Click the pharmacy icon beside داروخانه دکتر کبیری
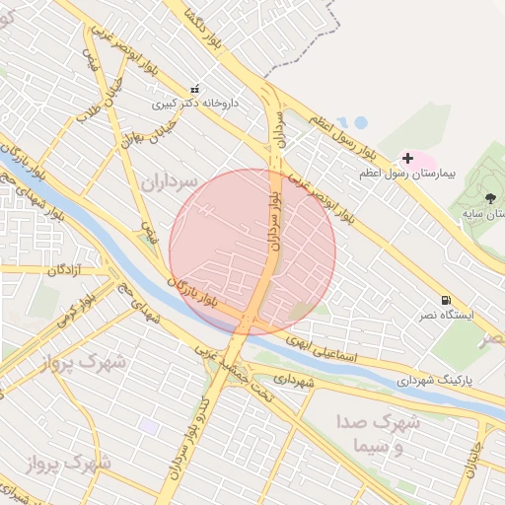(194, 88)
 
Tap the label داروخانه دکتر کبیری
(194, 102)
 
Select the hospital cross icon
(407, 158)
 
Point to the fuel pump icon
(447, 300)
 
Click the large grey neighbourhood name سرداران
(171, 182)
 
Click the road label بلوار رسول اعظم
(344, 135)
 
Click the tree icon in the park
(465, 199)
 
